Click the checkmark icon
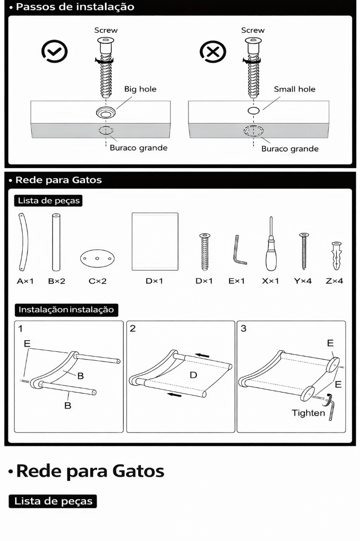click(54, 51)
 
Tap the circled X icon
click(212, 52)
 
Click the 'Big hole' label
click(140, 89)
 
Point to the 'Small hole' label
click(295, 89)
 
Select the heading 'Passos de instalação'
click(75, 7)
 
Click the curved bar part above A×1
click(22, 241)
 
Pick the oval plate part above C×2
click(97, 258)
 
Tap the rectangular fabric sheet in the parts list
click(155, 241)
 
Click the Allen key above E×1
click(239, 251)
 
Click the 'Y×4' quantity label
click(302, 281)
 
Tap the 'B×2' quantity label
click(56, 281)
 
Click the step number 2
click(132, 328)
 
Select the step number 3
click(243, 328)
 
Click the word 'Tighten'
click(308, 413)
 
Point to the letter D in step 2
click(193, 375)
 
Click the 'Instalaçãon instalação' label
click(66, 309)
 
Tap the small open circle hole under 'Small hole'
click(253, 111)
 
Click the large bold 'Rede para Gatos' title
click(90, 471)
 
